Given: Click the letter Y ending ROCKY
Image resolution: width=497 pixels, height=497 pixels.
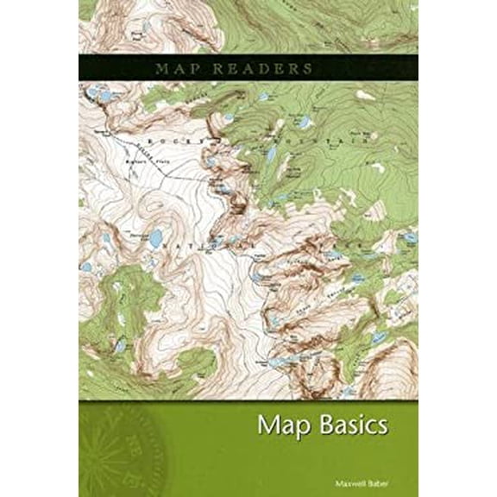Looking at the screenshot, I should tap(206, 138).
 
